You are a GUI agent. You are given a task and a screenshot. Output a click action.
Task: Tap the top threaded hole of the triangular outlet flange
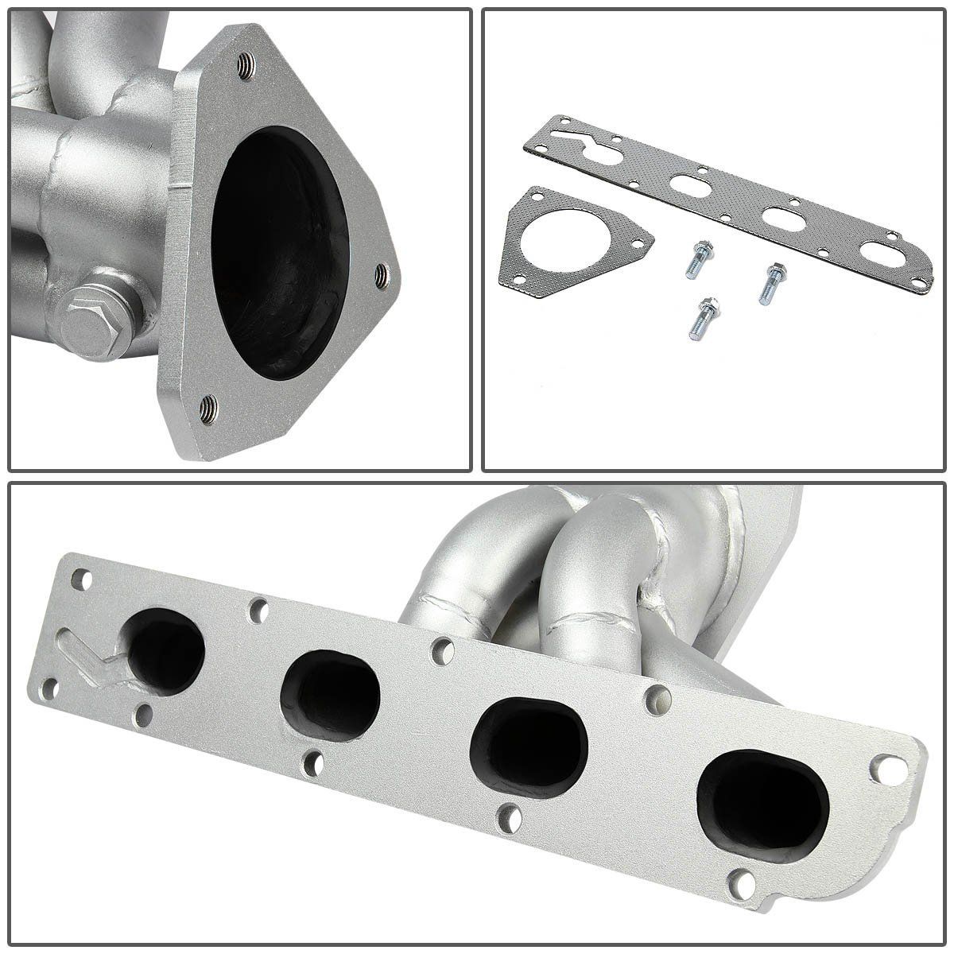coord(247,66)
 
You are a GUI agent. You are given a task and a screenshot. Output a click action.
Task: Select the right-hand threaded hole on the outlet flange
coord(383,274)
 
